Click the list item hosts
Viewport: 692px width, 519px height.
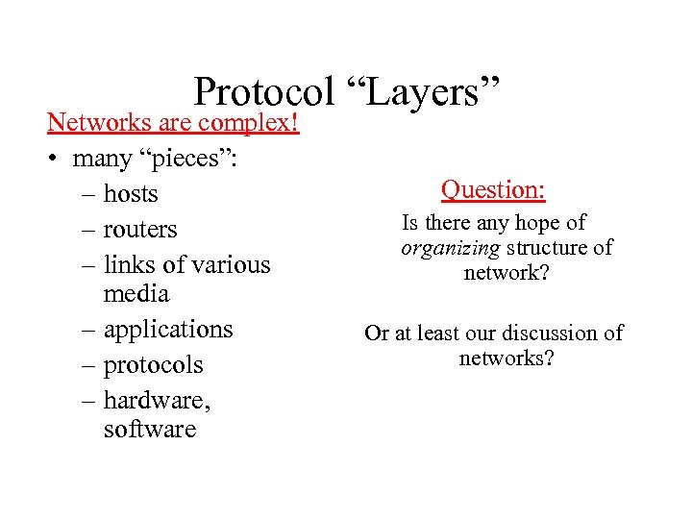131,194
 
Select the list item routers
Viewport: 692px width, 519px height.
140,230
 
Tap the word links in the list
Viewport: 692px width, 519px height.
129,264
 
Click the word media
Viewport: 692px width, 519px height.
136,293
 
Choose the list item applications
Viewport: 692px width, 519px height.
168,330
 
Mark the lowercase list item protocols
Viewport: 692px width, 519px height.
153,365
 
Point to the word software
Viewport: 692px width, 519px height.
149,429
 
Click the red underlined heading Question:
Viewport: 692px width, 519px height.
493,189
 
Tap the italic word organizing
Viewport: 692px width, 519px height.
450,249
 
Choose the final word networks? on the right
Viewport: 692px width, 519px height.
507,358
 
